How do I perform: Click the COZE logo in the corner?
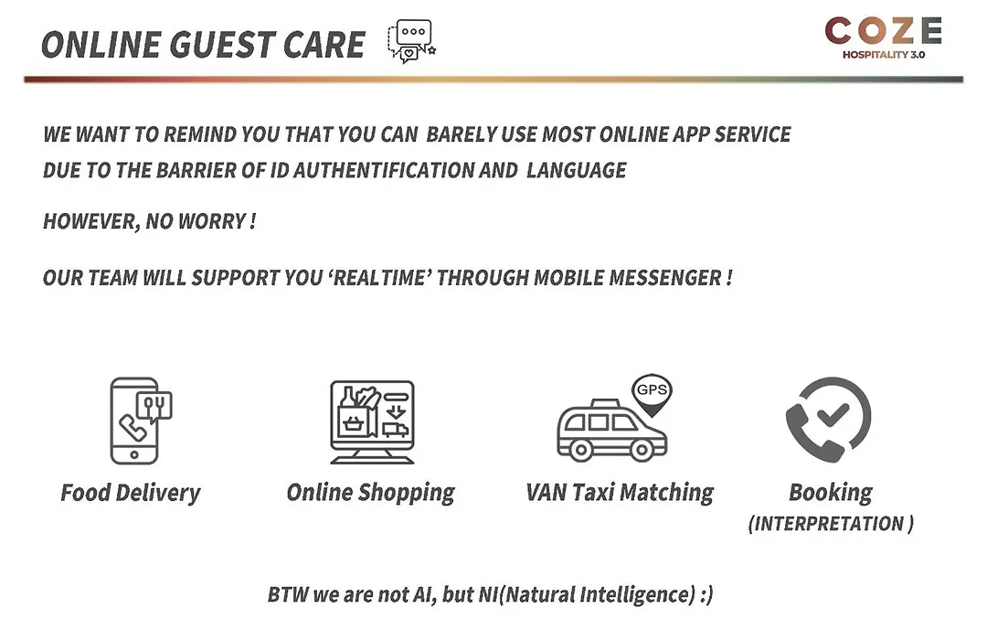click(x=883, y=37)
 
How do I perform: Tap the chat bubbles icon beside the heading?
click(x=411, y=41)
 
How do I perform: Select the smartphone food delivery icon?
click(x=141, y=421)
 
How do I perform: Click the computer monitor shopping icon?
click(x=372, y=422)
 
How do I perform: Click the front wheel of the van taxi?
click(x=642, y=450)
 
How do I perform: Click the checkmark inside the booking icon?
click(x=833, y=415)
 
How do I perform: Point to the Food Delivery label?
click(x=131, y=493)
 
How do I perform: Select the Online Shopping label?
click(x=370, y=493)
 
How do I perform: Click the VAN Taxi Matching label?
click(x=620, y=493)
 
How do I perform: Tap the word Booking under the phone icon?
click(x=830, y=493)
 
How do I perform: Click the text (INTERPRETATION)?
click(x=831, y=524)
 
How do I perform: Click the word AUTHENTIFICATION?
click(x=383, y=170)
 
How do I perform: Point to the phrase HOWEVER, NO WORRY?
click(x=149, y=222)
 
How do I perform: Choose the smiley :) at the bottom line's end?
click(x=706, y=594)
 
